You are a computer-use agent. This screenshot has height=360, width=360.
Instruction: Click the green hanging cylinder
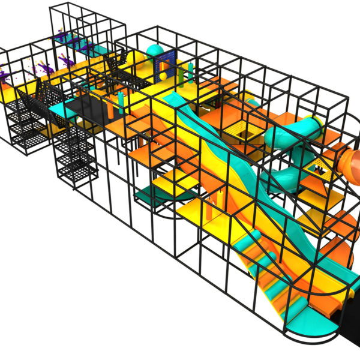[x=191, y=71]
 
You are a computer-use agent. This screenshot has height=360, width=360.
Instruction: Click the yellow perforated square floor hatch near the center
[x=240, y=127]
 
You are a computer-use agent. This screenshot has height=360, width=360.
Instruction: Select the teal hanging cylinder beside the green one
[x=181, y=74]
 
